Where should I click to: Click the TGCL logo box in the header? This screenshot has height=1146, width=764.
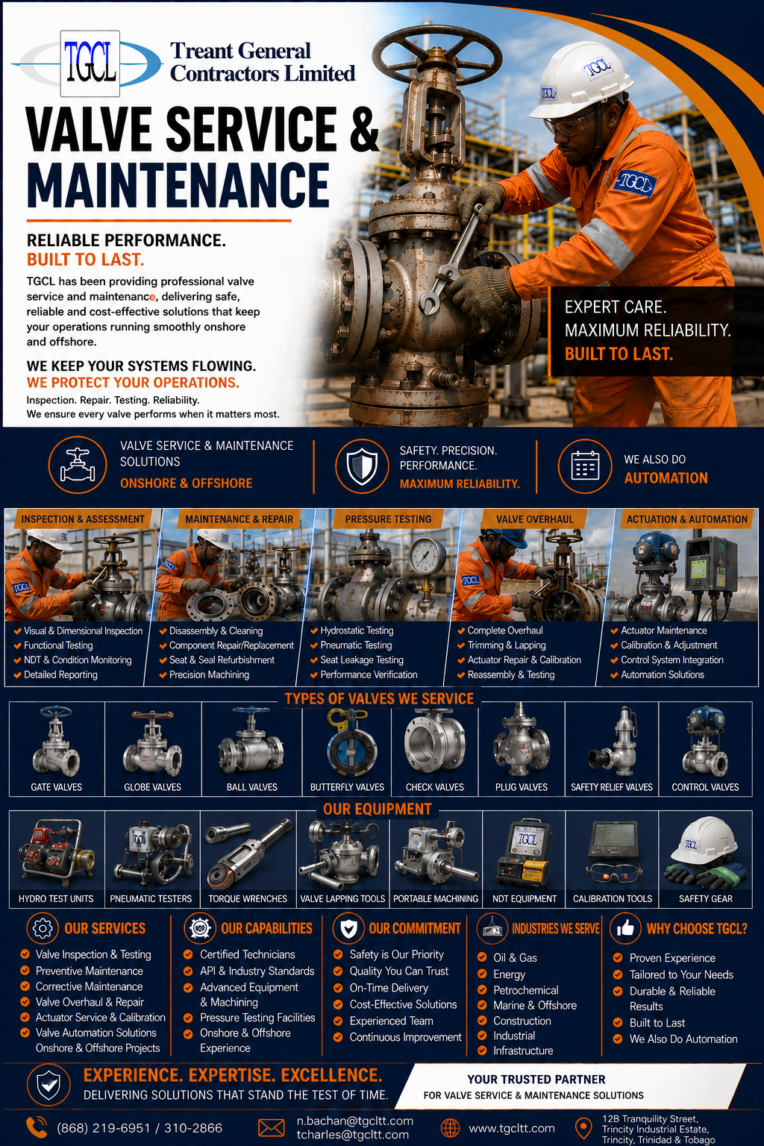pos(90,63)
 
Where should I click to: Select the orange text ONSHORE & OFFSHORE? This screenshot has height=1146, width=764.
pos(187,483)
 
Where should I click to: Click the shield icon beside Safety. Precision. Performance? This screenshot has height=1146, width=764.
pos(362,466)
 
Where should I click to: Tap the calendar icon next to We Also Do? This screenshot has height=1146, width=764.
pos(585,466)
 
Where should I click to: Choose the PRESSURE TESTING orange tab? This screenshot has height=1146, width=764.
pos(388,519)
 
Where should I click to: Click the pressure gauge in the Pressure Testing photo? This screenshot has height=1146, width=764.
pos(428,556)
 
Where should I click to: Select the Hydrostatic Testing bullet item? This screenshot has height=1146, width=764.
pos(357,630)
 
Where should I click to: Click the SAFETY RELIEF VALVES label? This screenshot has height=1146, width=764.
pos(612,787)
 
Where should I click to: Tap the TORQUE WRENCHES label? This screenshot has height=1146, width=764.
pos(248,898)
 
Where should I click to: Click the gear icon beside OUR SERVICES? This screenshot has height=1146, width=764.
pos(43,928)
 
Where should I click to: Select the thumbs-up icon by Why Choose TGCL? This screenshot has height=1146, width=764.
pos(625,928)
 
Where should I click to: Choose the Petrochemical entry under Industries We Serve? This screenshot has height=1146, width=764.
pos(525,990)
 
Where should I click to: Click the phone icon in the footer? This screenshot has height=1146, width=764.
pos(37,1127)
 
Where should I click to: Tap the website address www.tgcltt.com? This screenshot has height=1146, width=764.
pos(512,1128)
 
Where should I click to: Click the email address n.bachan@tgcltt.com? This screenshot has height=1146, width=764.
pos(354,1121)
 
